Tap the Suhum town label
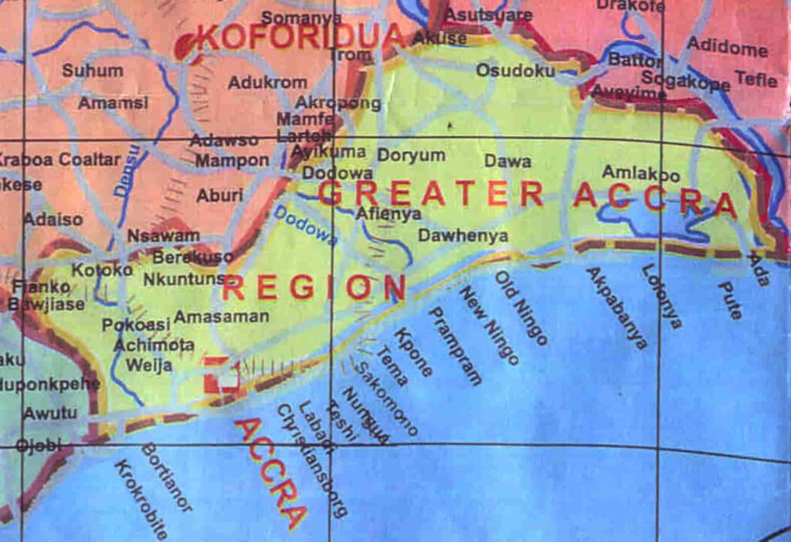(x=92, y=70)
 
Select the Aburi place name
(x=219, y=196)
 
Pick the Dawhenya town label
(x=463, y=236)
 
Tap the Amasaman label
(x=221, y=316)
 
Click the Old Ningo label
(x=521, y=308)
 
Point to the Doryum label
(x=411, y=155)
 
